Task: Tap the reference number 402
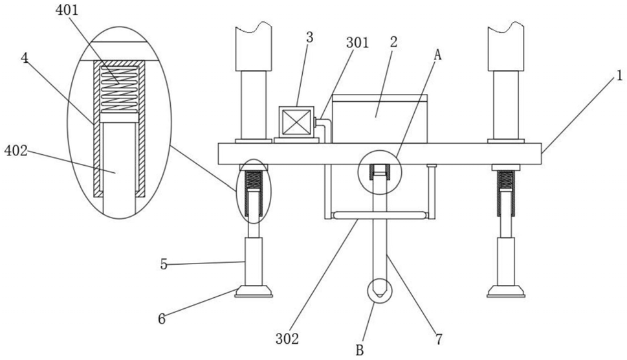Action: (x=16, y=151)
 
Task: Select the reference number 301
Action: (x=357, y=43)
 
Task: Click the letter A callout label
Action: (x=437, y=56)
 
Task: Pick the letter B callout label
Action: (x=360, y=350)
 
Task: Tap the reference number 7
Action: (x=439, y=338)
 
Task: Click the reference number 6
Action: (x=162, y=318)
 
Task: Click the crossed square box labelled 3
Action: (x=297, y=122)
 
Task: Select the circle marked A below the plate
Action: (x=379, y=172)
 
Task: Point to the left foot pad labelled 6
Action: (x=253, y=291)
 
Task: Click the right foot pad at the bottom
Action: (x=506, y=291)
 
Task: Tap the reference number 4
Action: (x=25, y=58)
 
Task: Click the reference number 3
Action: (x=310, y=37)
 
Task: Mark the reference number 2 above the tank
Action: (x=393, y=42)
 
